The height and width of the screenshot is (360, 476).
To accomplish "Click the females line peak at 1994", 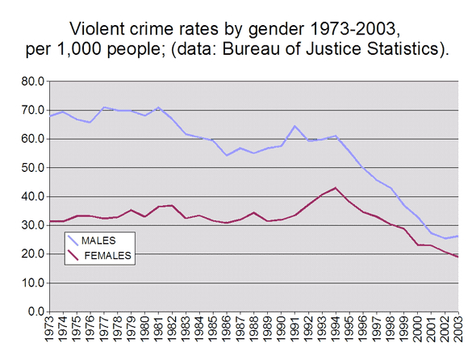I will point(335,188).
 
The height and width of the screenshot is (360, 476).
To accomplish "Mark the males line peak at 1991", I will point(294,126).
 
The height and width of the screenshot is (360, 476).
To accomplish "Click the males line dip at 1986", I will point(227,155).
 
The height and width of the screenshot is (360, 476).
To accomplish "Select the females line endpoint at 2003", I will point(457,257).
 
